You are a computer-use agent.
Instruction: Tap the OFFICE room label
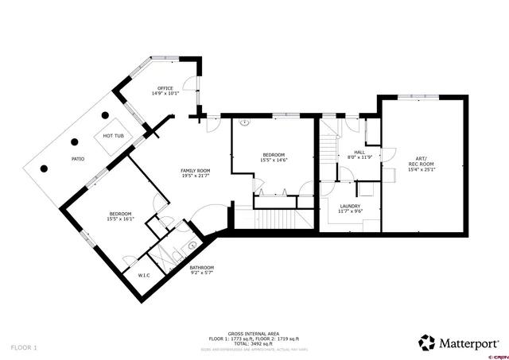coord(165,87)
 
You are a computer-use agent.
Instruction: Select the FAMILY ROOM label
coord(195,171)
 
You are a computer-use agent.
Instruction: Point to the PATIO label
coord(78,159)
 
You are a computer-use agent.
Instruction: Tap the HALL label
coord(359,153)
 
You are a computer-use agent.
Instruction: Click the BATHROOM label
coord(201,267)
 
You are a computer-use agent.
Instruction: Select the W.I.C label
coord(144,276)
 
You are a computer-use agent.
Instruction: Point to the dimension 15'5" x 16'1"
coord(122,219)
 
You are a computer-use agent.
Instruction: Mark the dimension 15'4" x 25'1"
coord(422,169)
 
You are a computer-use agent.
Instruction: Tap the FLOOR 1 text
coord(24,347)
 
